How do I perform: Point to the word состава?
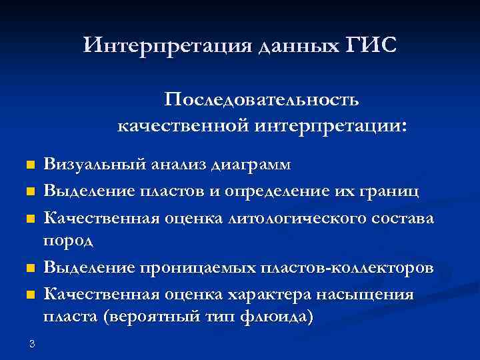coord(403,219)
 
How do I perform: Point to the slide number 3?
coord(31,344)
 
